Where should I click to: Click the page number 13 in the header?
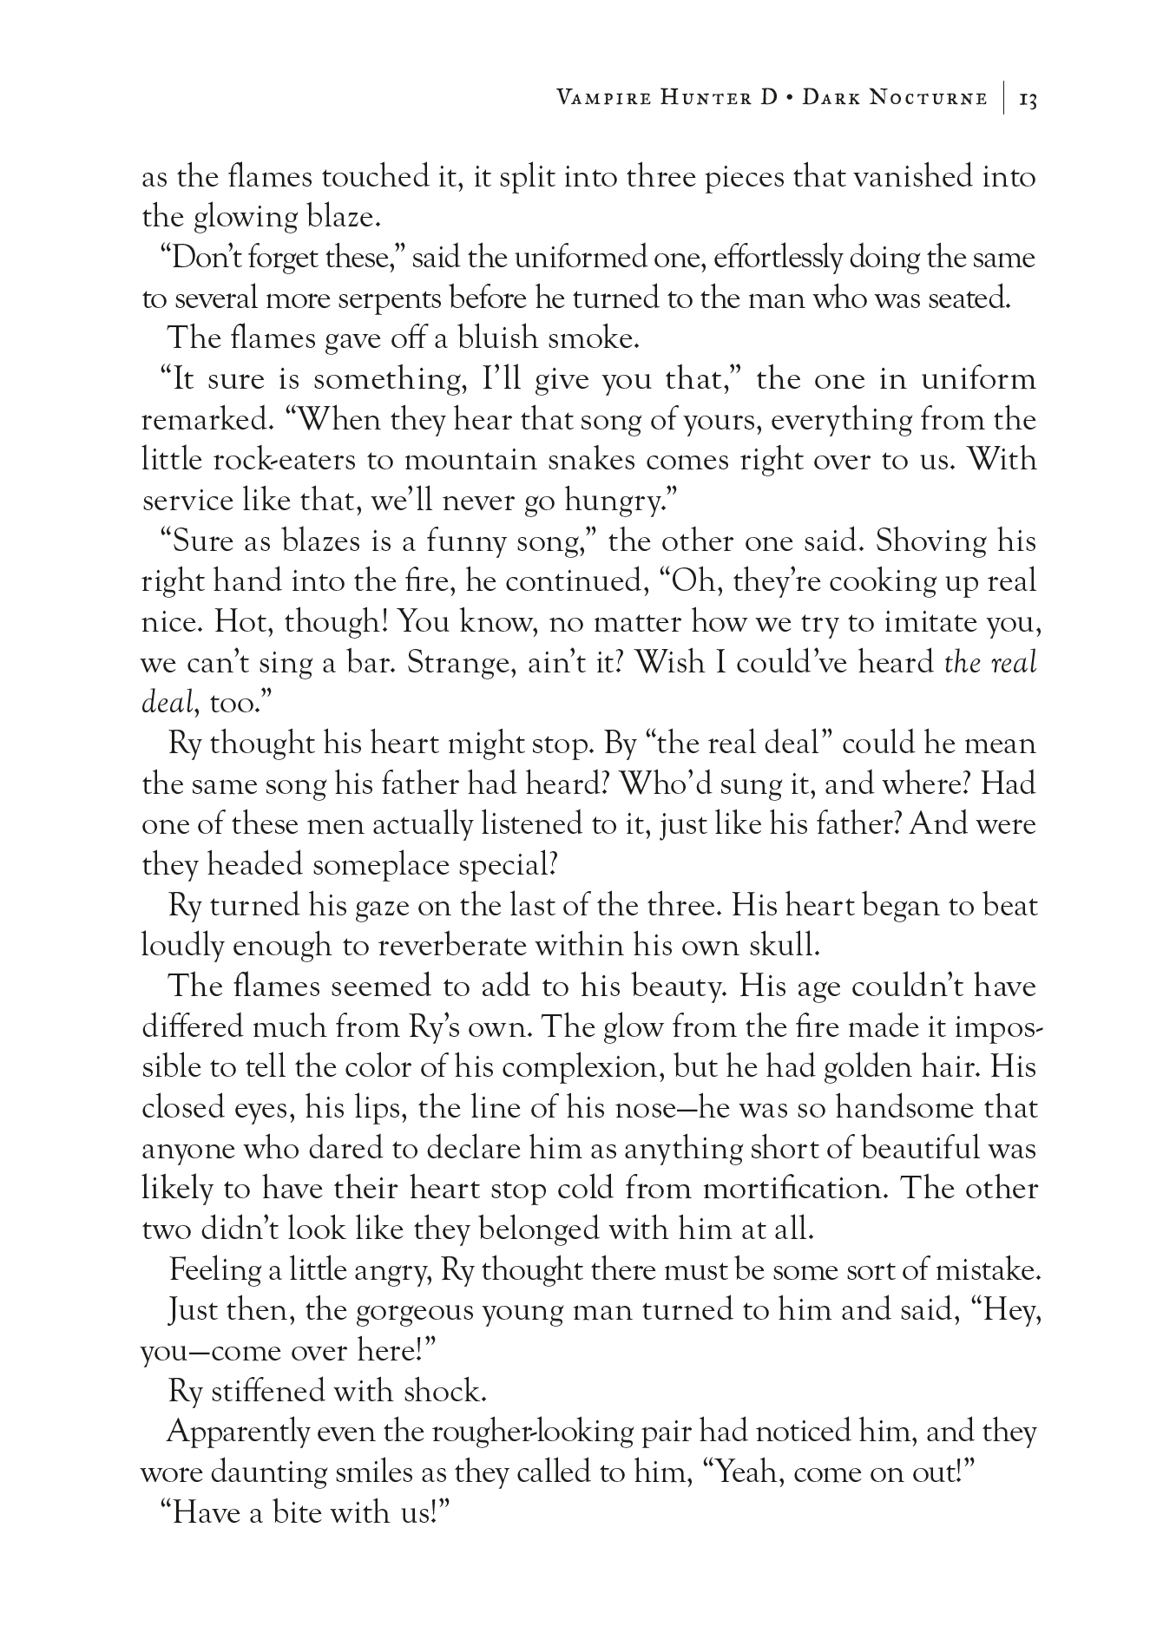1028,99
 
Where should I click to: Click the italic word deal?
164,703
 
